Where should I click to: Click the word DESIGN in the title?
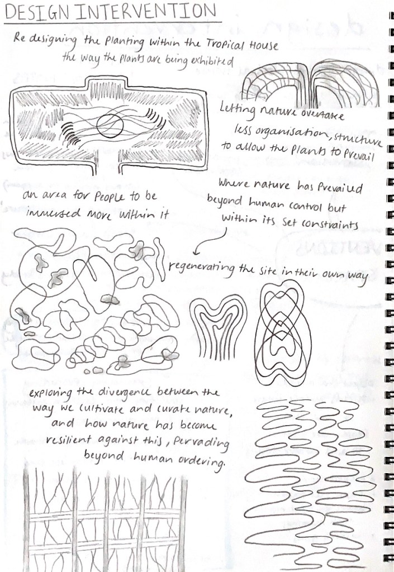37,12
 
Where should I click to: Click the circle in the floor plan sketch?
110,126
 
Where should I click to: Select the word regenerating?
202,269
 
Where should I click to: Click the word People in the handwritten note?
109,197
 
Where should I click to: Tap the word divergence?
124,393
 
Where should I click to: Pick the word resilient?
69,440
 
